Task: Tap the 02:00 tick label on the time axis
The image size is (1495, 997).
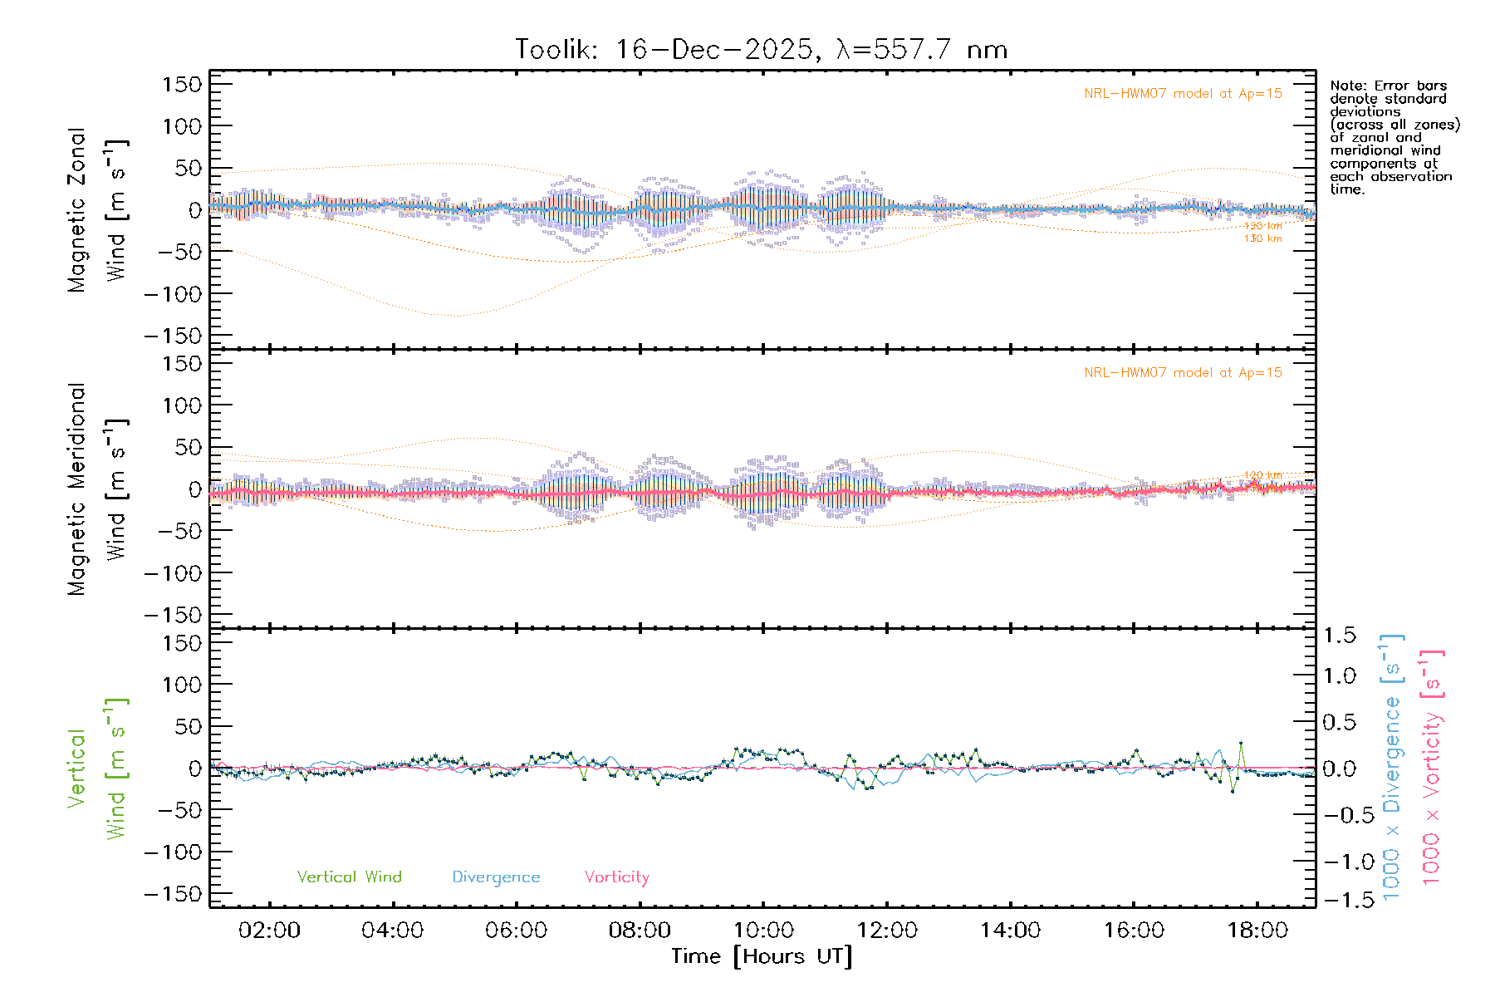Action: pos(269,931)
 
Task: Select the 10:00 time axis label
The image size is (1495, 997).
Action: pos(763,931)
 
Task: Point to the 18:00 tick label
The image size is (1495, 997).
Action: pos(1257,931)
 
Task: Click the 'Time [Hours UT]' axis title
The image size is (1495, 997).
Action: pos(762,957)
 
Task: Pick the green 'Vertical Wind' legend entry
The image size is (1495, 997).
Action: pos(349,877)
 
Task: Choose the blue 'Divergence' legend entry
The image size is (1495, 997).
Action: pos(496,877)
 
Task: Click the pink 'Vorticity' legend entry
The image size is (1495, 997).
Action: pos(616,877)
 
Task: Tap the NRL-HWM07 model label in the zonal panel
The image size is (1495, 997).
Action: pos(1183,94)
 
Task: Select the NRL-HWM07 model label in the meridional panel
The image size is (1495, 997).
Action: pos(1183,373)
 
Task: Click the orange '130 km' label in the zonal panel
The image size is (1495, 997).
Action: pos(1262,239)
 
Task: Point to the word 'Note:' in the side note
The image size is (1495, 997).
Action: pos(1346,86)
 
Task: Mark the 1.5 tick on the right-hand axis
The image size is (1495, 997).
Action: pos(1339,636)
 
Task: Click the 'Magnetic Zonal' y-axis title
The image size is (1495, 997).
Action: pos(77,210)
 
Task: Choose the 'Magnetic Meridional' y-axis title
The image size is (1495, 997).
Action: pos(77,489)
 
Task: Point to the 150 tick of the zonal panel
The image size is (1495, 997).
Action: pos(182,84)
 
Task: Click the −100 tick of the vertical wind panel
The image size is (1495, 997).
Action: pos(173,852)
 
